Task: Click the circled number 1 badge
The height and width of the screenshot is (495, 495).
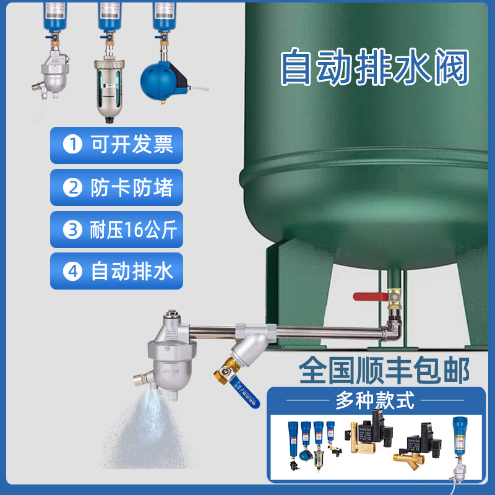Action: [x=73, y=145]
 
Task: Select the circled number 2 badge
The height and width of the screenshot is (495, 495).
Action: [x=73, y=187]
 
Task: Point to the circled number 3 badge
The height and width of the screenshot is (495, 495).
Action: [x=73, y=230]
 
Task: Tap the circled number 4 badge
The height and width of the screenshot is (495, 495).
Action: [x=73, y=272]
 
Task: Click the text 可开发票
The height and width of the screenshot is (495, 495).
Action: [x=132, y=145]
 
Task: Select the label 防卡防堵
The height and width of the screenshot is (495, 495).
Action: [x=132, y=187]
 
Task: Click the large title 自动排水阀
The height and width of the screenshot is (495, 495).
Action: [x=375, y=68]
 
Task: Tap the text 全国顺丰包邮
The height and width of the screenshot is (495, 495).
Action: [x=384, y=370]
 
